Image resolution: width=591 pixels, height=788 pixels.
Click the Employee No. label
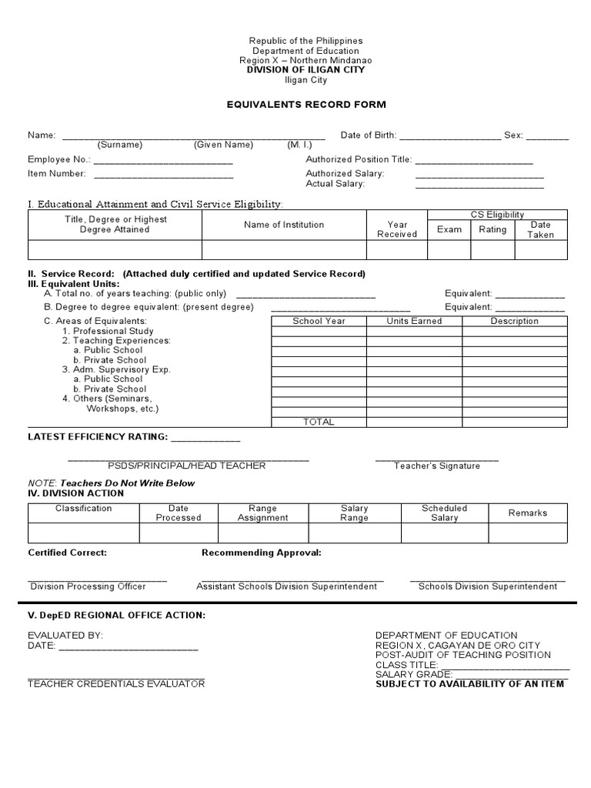tap(59, 159)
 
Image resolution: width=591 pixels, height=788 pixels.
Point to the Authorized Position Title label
tap(359, 159)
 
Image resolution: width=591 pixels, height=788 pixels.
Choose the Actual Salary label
tap(336, 184)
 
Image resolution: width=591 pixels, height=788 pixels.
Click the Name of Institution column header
tap(284, 225)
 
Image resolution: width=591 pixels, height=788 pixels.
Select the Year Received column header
tap(397, 229)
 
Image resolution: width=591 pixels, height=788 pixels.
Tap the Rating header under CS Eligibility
tap(492, 229)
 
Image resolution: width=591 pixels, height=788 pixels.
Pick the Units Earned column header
tap(414, 321)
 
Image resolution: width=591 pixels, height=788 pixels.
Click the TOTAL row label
tap(319, 422)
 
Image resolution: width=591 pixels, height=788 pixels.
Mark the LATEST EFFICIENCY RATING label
tap(98, 437)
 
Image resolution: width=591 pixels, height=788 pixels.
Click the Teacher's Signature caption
tap(437, 466)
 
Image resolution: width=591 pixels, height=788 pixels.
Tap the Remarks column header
tap(528, 513)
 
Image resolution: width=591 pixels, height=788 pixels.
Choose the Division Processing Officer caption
tap(88, 586)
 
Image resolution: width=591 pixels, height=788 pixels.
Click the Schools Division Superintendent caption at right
tap(488, 586)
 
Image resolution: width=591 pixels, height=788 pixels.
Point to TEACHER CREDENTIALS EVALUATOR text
tap(116, 684)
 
